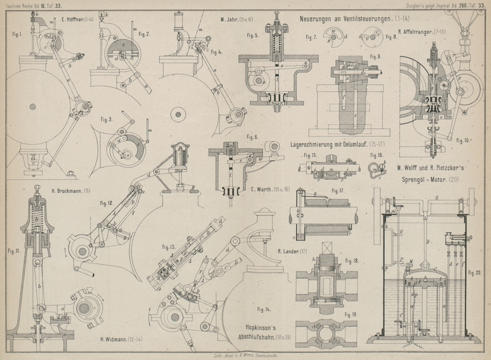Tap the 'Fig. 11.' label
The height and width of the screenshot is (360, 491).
point(13,250)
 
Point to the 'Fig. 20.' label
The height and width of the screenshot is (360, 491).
point(474,271)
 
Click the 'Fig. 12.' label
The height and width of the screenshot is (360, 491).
point(106,202)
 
